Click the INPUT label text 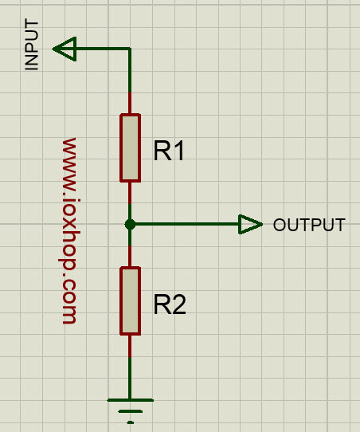(x=32, y=45)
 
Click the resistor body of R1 (x=130, y=148)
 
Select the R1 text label (x=168, y=151)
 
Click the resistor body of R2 (x=130, y=300)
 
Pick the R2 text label (x=170, y=304)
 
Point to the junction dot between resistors (x=130, y=224)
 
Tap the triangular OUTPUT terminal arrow (x=249, y=224)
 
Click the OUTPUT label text (x=309, y=225)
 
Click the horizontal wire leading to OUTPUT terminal (x=187, y=224)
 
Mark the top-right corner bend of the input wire (x=130, y=49)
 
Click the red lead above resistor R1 (x=130, y=103)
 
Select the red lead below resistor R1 (x=130, y=193)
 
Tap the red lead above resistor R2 (x=130, y=256)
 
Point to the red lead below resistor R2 (x=130, y=346)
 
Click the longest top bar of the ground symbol (x=130, y=400)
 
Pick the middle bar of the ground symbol (x=130, y=411)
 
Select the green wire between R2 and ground (x=130, y=378)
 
